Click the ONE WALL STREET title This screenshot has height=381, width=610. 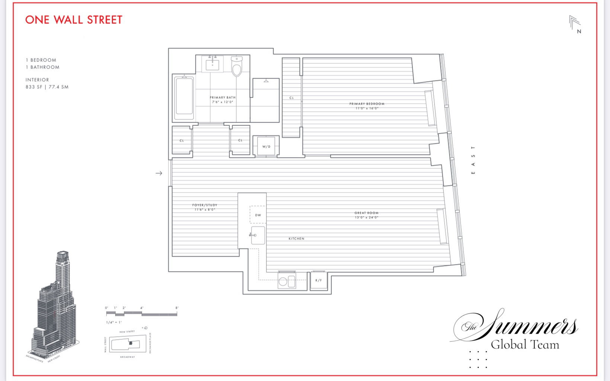[74, 20]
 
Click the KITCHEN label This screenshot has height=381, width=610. [296, 239]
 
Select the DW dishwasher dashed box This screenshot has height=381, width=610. [258, 215]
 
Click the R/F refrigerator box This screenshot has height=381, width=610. [319, 280]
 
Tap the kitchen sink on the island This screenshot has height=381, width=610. [258, 235]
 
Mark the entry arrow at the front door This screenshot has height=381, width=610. [159, 173]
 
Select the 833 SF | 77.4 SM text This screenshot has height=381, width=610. [47, 87]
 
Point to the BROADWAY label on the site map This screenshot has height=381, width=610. [128, 357]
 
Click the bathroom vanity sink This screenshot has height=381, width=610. [212, 65]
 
